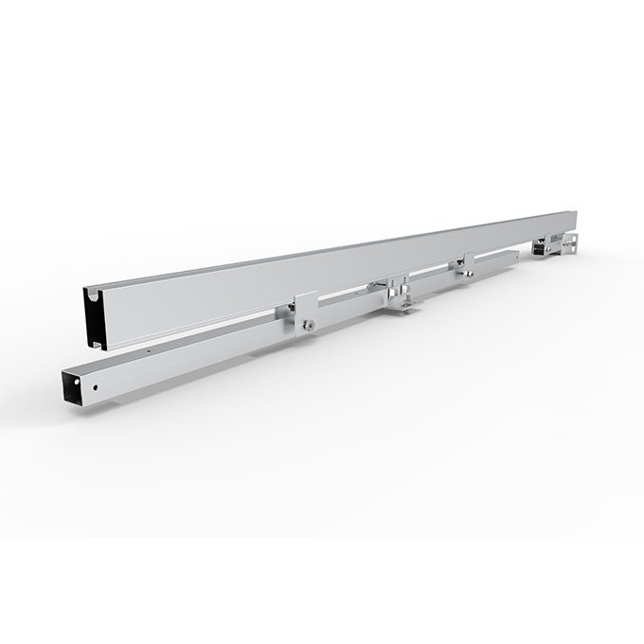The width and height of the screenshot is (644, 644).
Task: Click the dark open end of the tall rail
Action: pos(93,321)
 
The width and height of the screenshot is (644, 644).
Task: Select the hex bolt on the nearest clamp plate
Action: pos(310,325)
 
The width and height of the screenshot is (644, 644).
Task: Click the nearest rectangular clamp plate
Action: pos(305,313)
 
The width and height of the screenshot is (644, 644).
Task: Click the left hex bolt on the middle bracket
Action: pos(388,288)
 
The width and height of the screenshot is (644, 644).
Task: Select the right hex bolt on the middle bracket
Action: pos(405,283)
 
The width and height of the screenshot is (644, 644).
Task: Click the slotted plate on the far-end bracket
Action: pos(568,242)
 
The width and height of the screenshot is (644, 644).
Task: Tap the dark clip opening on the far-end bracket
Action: pos(540,247)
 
